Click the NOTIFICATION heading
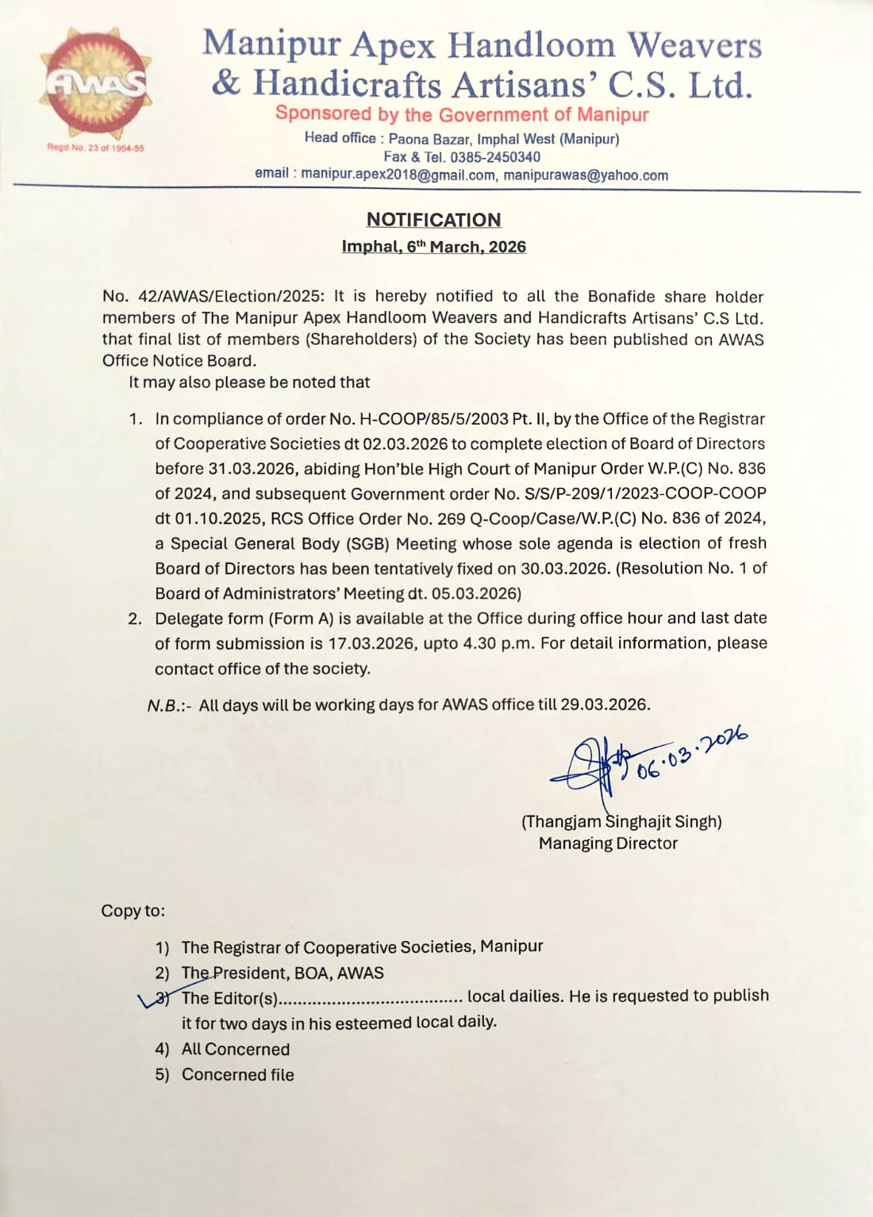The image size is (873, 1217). pyautogui.click(x=433, y=220)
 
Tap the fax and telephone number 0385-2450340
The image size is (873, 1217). pyautogui.click(x=494, y=157)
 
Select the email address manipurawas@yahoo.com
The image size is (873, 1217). pyautogui.click(x=586, y=175)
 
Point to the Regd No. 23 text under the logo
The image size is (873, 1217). pyautogui.click(x=95, y=148)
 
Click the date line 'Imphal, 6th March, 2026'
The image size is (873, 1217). pyautogui.click(x=433, y=247)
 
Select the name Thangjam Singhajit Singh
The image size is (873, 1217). pyautogui.click(x=621, y=822)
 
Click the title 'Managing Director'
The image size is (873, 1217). pyautogui.click(x=608, y=843)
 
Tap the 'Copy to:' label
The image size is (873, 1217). pyautogui.click(x=133, y=911)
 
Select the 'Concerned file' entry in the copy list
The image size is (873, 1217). pyautogui.click(x=237, y=1075)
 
